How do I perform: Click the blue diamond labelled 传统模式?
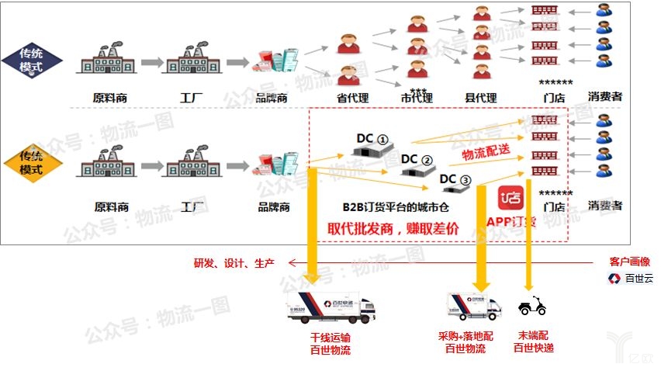[31, 61]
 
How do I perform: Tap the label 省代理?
[352, 99]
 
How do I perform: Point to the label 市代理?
[417, 99]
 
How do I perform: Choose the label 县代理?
[480, 99]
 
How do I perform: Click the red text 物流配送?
[486, 152]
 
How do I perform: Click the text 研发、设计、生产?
[234, 263]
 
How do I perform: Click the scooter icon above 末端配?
[531, 306]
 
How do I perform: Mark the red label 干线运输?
[330, 338]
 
